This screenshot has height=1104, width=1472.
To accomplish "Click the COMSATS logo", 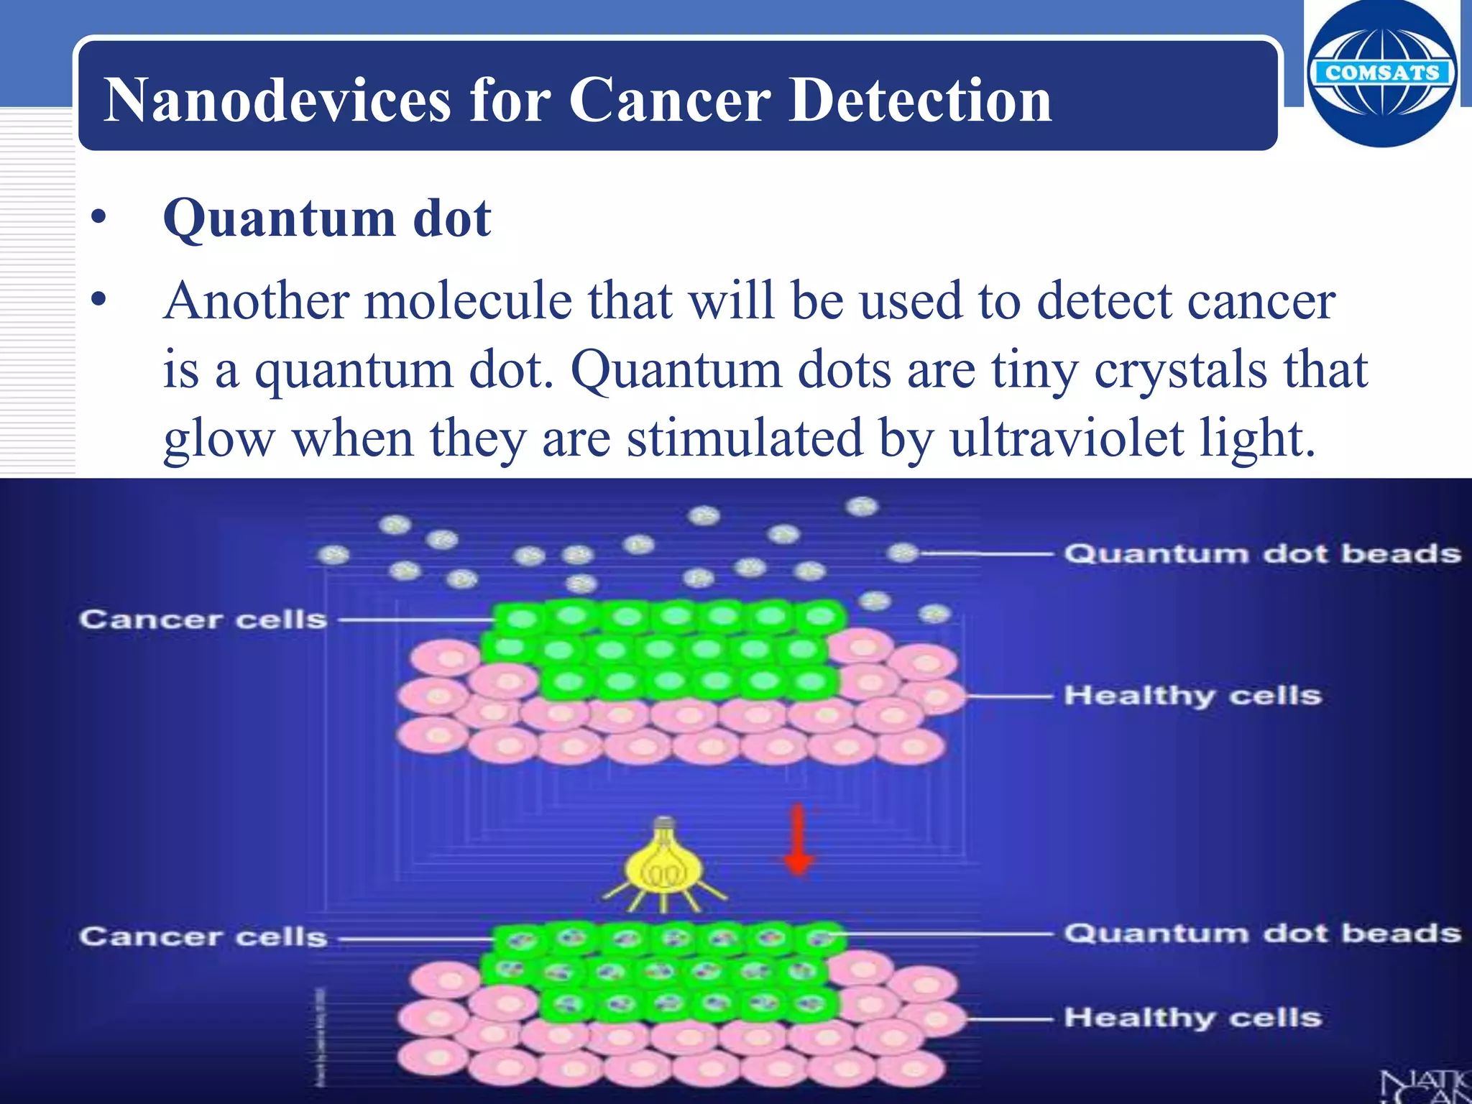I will (x=1381, y=73).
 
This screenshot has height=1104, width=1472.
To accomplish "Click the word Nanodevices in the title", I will (x=277, y=100).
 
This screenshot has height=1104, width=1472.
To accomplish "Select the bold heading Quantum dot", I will (x=327, y=218).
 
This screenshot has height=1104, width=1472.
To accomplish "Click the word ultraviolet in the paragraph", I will (x=1067, y=438).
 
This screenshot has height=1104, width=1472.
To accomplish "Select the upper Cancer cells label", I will (x=203, y=619).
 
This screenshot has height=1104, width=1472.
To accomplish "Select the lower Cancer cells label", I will (x=203, y=937).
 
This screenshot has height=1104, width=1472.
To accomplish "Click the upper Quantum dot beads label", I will (x=1262, y=553).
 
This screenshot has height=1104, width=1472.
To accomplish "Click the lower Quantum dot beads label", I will (x=1262, y=933).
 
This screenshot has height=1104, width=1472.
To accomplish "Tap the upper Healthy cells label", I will (x=1192, y=695).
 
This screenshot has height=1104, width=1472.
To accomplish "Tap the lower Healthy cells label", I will (x=1192, y=1017).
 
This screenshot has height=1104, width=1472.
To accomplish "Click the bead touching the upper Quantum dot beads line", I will (x=903, y=553).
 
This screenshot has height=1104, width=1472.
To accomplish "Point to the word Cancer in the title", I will (x=669, y=100).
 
